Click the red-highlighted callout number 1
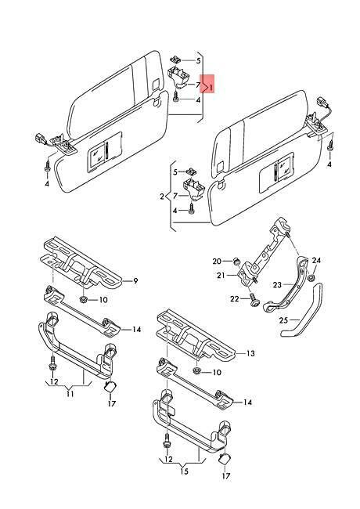[x=211, y=88]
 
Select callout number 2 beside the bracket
[x=162, y=197]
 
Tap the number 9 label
[x=135, y=281]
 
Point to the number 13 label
[x=250, y=353]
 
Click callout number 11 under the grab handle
[x=70, y=394]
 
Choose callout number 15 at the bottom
[x=184, y=471]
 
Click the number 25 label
[x=283, y=320]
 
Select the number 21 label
[x=221, y=276]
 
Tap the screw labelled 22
[x=255, y=300]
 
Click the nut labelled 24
[x=311, y=277]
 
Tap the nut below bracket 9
[x=83, y=298]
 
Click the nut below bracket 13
[x=196, y=370]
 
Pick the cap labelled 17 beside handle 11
[x=110, y=387]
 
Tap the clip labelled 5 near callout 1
[x=175, y=60]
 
